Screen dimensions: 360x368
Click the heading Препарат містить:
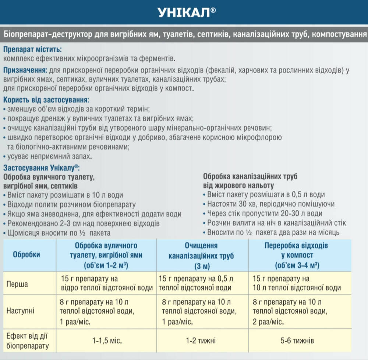tap(32, 49)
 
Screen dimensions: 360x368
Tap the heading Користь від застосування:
tap(46, 100)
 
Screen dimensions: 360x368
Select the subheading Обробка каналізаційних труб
tap(250, 176)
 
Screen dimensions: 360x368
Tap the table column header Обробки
tap(26, 254)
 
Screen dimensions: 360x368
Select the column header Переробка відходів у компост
tap(296, 255)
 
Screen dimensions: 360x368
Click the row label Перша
tap(18, 284)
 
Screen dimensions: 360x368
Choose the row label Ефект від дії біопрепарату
tap(28, 340)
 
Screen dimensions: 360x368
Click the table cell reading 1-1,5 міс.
tap(107, 341)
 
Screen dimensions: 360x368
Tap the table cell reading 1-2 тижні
tap(201, 341)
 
